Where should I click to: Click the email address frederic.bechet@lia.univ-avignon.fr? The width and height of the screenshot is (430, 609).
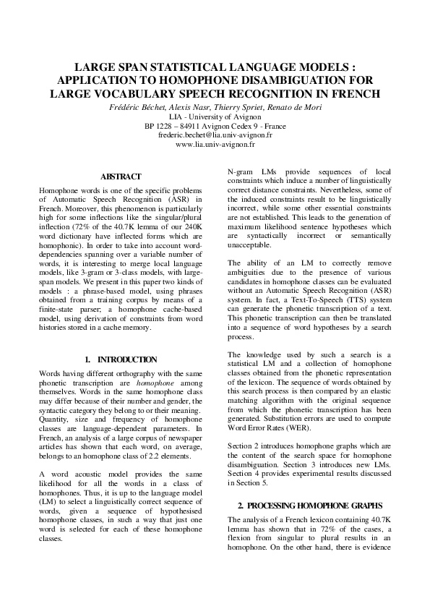click(x=215, y=134)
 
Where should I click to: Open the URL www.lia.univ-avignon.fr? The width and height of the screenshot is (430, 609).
click(x=215, y=144)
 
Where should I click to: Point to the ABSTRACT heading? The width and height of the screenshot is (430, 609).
click(x=120, y=176)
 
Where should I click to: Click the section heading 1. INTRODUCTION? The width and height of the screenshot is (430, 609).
click(x=121, y=359)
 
